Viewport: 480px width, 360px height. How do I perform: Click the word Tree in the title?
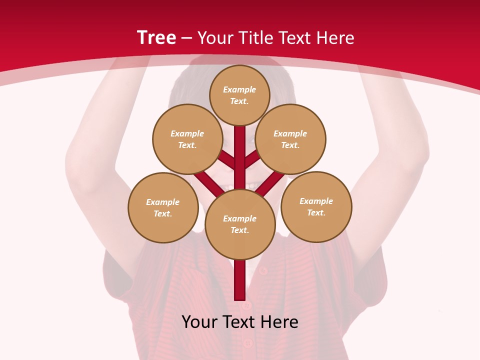click(x=156, y=38)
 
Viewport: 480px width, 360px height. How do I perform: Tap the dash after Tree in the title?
click(x=187, y=38)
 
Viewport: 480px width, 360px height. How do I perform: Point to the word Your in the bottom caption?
click(x=200, y=322)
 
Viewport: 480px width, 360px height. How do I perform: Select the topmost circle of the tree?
click(x=239, y=95)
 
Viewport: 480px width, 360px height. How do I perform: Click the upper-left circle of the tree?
click(x=187, y=139)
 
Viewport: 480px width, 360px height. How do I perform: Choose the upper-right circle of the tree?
click(x=290, y=139)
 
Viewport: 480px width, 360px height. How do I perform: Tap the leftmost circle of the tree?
click(x=163, y=207)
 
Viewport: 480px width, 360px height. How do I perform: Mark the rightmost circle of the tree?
click(x=316, y=206)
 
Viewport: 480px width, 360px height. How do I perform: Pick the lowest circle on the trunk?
click(x=240, y=224)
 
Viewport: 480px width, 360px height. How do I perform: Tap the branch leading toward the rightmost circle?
click(x=270, y=182)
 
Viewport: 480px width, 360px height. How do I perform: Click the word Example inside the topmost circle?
click(x=239, y=89)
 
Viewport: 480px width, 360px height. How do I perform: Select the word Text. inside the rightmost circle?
click(x=316, y=212)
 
